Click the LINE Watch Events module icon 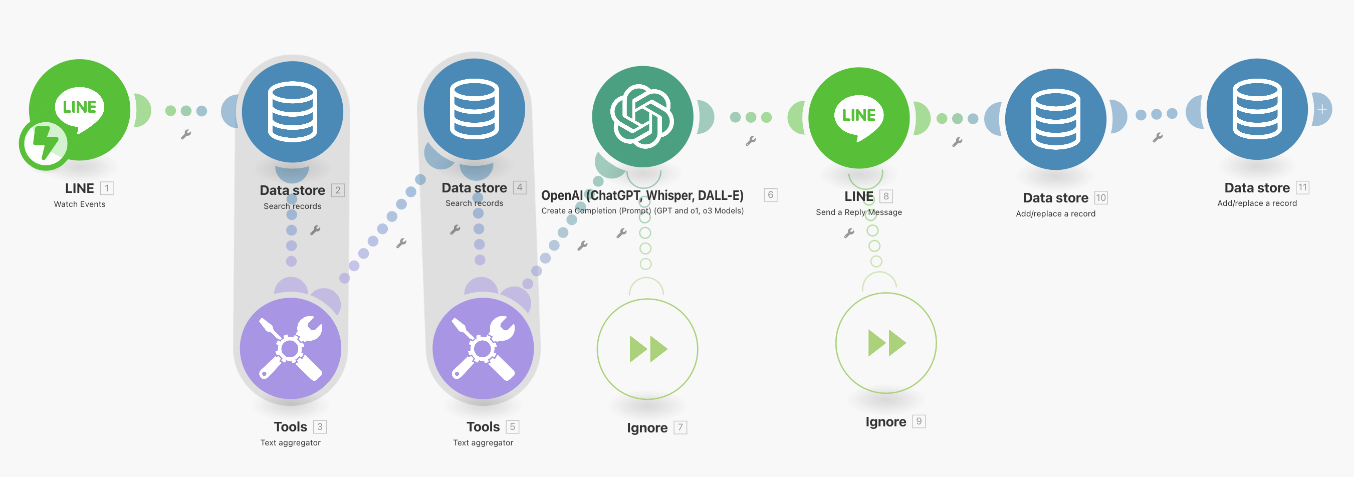click(x=80, y=109)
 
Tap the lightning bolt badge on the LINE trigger click(x=44, y=144)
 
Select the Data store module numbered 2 click(x=292, y=111)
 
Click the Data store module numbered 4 click(x=474, y=109)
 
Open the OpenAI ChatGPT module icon click(x=642, y=116)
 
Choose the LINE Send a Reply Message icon click(x=859, y=118)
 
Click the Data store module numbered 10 click(x=1055, y=119)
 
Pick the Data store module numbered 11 click(x=1257, y=109)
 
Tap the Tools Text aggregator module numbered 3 click(x=290, y=348)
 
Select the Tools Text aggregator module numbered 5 click(x=483, y=348)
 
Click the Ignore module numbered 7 click(x=647, y=349)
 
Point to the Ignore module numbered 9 click(x=885, y=343)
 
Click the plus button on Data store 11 click(x=1322, y=109)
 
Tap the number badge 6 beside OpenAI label click(x=770, y=195)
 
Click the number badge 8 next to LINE click(x=885, y=196)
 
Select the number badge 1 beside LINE click(x=107, y=188)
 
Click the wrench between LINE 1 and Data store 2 click(x=185, y=135)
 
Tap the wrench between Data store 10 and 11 click(x=1157, y=138)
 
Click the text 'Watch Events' click(x=79, y=204)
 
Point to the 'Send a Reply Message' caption click(x=858, y=212)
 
